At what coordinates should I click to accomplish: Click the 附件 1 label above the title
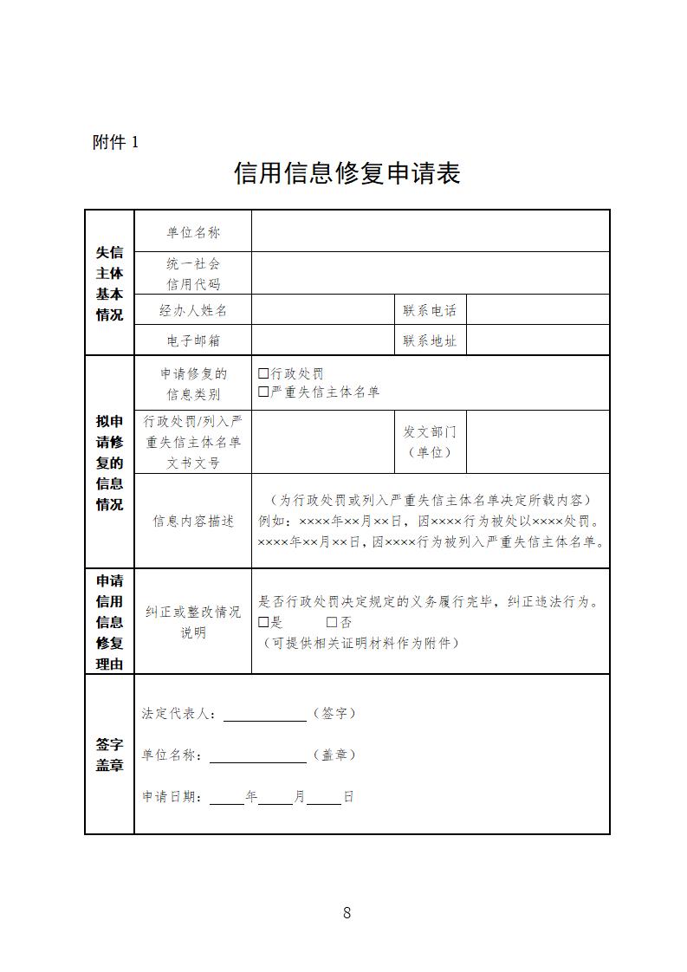[x=115, y=143]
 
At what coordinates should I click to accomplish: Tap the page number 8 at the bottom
[x=347, y=912]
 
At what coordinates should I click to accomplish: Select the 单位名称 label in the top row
[x=193, y=232]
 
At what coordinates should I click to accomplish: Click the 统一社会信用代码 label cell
[x=193, y=273]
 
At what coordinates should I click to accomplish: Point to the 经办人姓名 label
[x=193, y=310]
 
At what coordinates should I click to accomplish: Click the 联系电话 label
[x=430, y=310]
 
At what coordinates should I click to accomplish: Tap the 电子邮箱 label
[x=193, y=340]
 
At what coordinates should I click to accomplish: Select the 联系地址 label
[x=430, y=340]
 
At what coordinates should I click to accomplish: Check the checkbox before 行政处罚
[x=264, y=374]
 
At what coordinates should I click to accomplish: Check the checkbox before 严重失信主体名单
[x=264, y=392]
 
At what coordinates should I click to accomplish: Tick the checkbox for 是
[x=264, y=622]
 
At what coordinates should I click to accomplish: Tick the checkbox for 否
[x=332, y=622]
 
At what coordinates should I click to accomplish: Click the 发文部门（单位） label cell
[x=430, y=442]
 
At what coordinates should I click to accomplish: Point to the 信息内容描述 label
[x=193, y=522]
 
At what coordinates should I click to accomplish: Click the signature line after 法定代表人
[x=265, y=716]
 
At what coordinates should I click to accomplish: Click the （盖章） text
[x=334, y=755]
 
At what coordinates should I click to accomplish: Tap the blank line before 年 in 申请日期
[x=227, y=799]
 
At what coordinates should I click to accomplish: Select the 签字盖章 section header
[x=109, y=755]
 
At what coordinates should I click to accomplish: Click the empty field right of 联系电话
[x=538, y=310]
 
